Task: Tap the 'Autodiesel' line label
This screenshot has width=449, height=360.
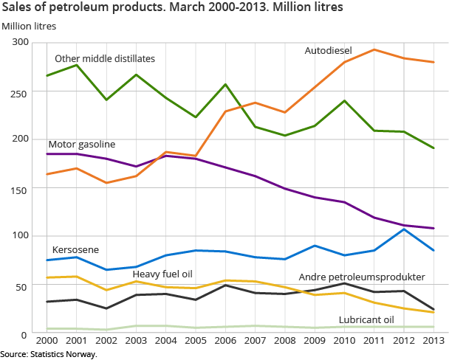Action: (x=328, y=51)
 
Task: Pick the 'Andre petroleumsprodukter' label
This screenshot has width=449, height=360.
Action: (x=361, y=277)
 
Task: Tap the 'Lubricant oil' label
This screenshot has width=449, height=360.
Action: (x=366, y=319)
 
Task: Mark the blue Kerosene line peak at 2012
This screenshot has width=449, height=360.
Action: (x=404, y=229)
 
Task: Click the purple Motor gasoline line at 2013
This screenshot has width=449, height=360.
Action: (x=433, y=228)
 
